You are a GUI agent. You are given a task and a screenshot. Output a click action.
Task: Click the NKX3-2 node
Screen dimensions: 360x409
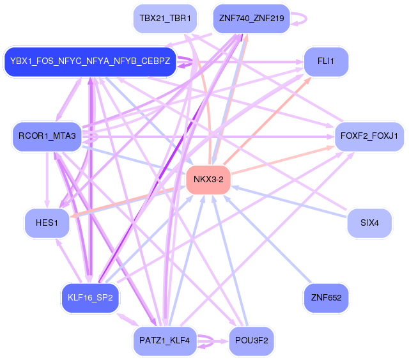208,180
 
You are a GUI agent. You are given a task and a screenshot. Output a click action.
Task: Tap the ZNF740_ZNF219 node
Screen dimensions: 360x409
251,18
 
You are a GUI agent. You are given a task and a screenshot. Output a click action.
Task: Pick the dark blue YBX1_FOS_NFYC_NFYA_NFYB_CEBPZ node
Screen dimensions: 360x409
90,61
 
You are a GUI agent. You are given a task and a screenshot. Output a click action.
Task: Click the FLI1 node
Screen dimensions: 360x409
325,61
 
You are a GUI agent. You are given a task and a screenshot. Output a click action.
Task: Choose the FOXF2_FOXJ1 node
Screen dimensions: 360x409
369,136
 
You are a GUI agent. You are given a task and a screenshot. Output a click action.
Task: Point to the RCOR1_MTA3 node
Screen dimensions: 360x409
47,136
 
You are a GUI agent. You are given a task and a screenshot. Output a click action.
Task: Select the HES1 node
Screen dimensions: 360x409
47,223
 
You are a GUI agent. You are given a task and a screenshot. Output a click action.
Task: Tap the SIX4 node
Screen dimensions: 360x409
369,223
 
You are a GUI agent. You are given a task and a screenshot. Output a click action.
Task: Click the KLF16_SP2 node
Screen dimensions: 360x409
90,297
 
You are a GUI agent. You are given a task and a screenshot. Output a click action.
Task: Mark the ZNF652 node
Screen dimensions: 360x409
325,297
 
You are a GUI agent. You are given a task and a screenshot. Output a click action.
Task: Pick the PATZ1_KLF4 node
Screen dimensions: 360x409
164,340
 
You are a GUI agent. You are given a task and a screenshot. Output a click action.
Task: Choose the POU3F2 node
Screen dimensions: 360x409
251,340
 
